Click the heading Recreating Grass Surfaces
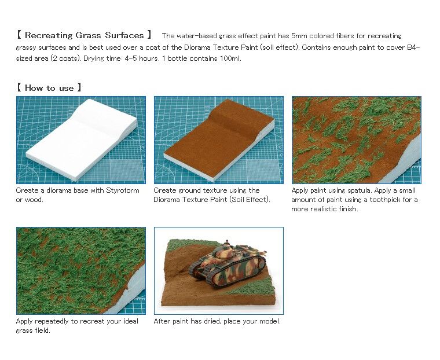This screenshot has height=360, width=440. [x=84, y=35]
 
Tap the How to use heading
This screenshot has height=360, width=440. [x=49, y=88]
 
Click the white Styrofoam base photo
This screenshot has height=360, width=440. [x=81, y=140]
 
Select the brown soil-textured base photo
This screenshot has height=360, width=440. [x=219, y=140]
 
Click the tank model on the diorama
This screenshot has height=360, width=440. [x=228, y=264]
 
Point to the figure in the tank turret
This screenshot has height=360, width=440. [x=227, y=244]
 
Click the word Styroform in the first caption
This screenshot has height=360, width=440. [x=123, y=190]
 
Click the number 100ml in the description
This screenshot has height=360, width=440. [x=230, y=58]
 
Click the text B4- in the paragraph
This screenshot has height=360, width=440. [x=413, y=47]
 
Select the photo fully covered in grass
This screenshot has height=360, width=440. [x=81, y=271]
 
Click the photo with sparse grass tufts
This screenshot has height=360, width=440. [x=357, y=140]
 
